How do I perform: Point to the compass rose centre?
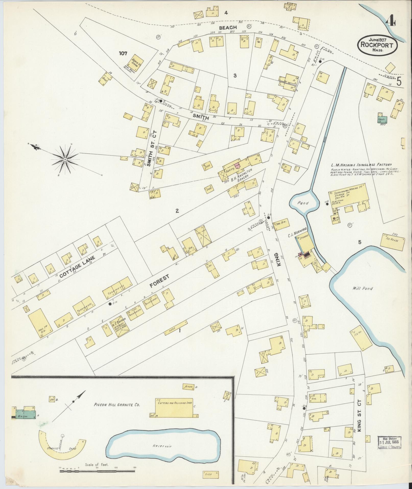tap(65, 160)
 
